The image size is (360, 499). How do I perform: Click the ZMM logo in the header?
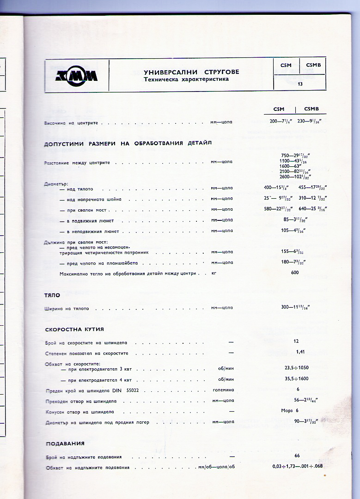coord(77,76)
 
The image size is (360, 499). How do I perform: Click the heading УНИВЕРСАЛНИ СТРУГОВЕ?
coord(191,72)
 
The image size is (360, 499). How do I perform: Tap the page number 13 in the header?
coord(300,84)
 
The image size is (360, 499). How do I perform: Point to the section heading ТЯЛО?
coord(52,295)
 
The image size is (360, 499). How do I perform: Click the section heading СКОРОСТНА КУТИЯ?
coord(74,329)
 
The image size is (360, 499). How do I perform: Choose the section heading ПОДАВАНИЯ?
coord(65,444)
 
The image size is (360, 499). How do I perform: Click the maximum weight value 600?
coord(295,273)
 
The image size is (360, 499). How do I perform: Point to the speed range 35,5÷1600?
coord(297,379)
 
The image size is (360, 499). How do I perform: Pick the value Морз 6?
coord(290,410)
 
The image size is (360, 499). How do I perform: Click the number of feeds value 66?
coord(297,456)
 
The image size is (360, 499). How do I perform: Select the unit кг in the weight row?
coord(214,274)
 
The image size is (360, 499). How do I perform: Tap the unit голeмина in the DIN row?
coord(223,390)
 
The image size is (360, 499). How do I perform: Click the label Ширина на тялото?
coord(67,308)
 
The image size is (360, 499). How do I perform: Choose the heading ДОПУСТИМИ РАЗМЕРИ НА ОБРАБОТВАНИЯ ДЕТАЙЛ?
coord(128,143)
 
